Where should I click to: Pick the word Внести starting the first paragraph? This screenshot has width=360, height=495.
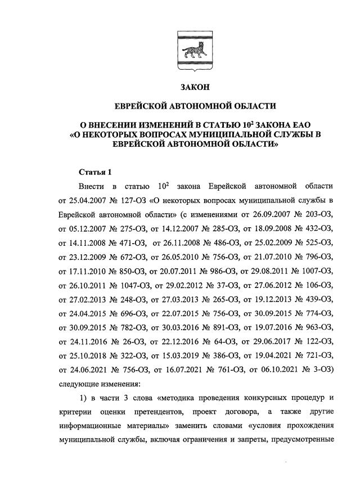pos(91,186)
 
